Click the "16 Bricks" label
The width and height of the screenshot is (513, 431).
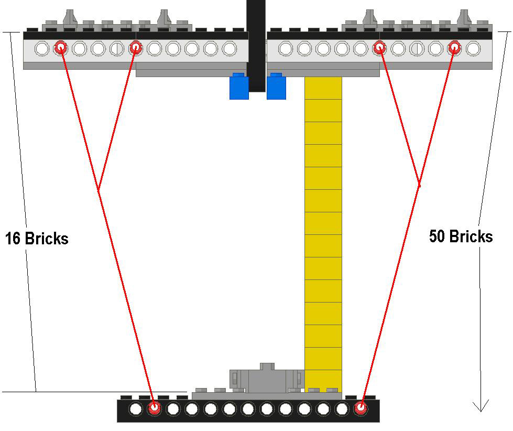[x=37, y=238]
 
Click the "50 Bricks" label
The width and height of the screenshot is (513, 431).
[x=461, y=236]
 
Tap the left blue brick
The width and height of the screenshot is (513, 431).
[x=239, y=86]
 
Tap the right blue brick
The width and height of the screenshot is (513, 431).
[x=277, y=86]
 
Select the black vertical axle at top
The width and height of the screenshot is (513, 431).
[x=256, y=46]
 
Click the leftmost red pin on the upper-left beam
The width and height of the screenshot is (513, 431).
[x=60, y=48]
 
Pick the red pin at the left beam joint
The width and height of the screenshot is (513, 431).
[x=135, y=48]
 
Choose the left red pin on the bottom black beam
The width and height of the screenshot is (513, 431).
[x=154, y=408]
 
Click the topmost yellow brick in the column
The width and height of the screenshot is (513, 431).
[x=323, y=88]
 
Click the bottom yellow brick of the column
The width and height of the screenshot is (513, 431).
[x=323, y=381]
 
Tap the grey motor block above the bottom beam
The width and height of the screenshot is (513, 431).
[x=267, y=378]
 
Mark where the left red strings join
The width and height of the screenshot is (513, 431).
[x=99, y=190]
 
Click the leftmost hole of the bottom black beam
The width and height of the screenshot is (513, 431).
[x=135, y=409]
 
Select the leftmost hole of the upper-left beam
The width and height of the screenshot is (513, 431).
[x=41, y=48]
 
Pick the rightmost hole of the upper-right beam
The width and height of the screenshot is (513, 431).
[x=473, y=48]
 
